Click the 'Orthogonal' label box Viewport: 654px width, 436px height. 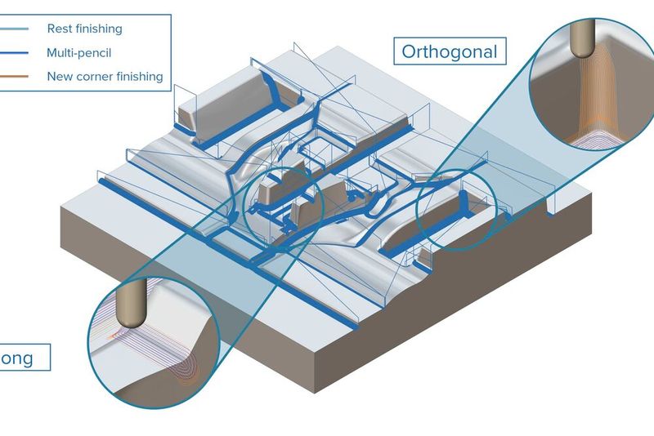click(x=449, y=52)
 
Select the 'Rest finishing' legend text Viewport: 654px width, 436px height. click(x=84, y=29)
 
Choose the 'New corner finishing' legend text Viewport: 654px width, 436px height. click(x=105, y=77)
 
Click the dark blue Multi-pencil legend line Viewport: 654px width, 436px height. click(x=16, y=53)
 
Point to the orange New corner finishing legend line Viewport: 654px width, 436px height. click(x=16, y=77)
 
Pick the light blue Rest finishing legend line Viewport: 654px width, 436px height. click(x=16, y=29)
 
